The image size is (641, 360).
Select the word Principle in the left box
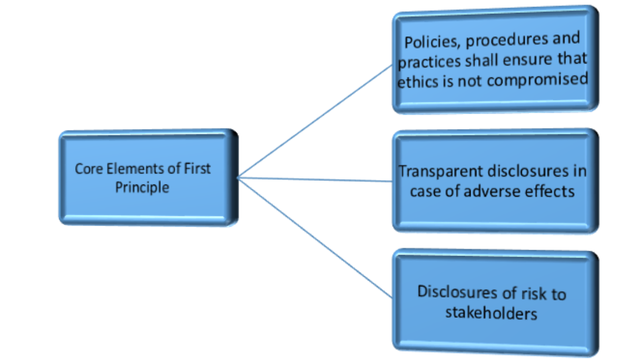pos(142,188)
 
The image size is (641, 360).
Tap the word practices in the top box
pos(429,60)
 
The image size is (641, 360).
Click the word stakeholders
pos(491,312)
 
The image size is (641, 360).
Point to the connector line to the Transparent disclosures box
pos(315,179)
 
